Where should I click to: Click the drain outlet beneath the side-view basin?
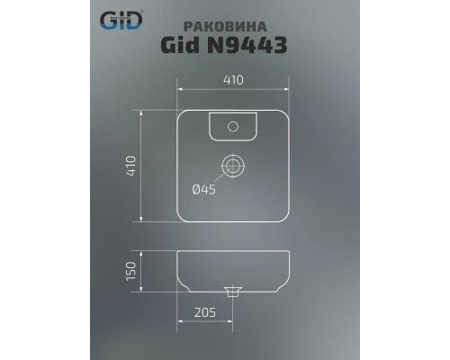[232, 291]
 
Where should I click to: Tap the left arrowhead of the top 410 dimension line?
[180, 90]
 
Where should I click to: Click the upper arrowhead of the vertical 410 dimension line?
[142, 112]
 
